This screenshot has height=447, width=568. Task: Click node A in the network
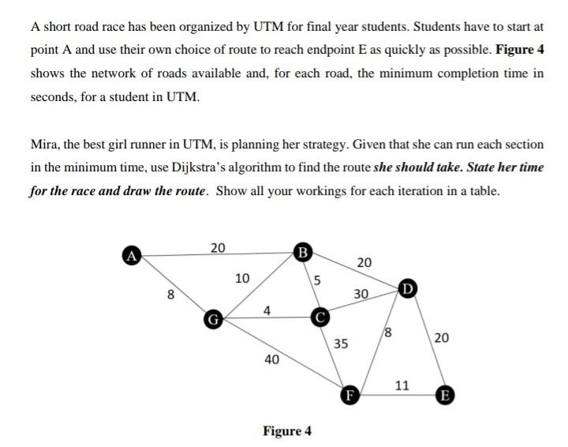point(131,254)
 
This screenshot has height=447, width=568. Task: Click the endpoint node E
point(446,394)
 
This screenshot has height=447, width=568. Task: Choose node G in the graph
point(211,320)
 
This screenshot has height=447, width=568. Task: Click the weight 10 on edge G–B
point(242,278)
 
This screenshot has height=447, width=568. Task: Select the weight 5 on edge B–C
point(317,279)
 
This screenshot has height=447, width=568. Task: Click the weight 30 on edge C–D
point(361,294)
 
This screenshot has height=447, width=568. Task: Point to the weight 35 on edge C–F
point(341,344)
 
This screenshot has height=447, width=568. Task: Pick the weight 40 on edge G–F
point(271,359)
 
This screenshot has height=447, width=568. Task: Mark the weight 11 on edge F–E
point(402,385)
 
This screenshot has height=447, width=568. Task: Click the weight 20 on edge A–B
point(218,247)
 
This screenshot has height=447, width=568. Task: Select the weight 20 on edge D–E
point(442,338)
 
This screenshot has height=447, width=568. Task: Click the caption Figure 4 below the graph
point(286,430)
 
